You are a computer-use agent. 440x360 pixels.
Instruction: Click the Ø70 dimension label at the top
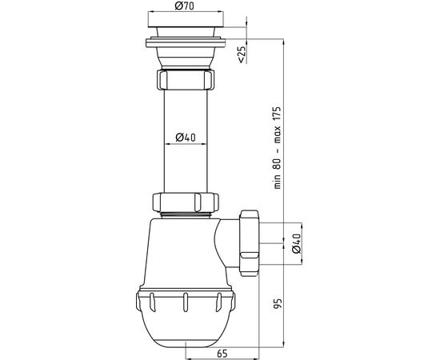(x=184, y=6)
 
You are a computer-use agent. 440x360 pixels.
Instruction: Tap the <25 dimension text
(x=242, y=54)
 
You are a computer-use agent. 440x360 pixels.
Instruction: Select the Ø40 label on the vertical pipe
(x=186, y=138)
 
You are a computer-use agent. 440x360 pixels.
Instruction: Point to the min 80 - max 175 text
(x=278, y=147)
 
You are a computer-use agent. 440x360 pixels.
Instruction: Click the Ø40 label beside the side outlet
(x=297, y=243)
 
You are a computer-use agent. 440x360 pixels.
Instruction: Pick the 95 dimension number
(x=278, y=304)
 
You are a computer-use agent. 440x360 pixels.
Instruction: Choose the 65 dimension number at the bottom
(x=222, y=354)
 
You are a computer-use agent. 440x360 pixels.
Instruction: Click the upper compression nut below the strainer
(x=186, y=80)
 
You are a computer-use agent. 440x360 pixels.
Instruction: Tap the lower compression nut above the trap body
(x=186, y=202)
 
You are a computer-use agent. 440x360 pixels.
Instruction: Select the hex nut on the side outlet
(x=249, y=243)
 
